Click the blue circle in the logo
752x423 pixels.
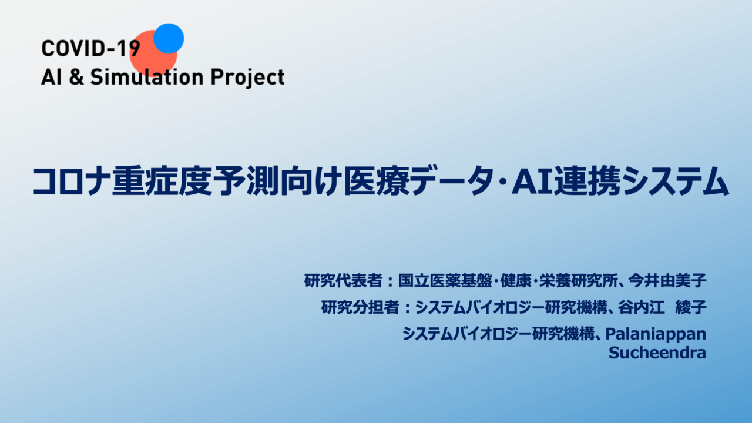click(169, 38)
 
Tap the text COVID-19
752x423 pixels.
click(90, 48)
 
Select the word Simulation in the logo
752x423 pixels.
click(147, 77)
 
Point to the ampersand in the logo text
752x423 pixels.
click(76, 77)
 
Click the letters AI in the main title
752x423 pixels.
click(532, 182)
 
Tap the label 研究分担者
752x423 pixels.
click(360, 307)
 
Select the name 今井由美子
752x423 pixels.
click(667, 281)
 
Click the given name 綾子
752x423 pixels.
click(691, 307)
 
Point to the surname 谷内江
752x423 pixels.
click(641, 307)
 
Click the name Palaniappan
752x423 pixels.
click(656, 334)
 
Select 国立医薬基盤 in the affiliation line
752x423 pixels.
click(445, 281)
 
